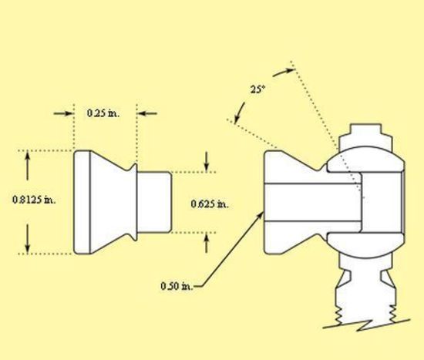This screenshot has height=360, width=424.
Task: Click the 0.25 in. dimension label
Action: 103,113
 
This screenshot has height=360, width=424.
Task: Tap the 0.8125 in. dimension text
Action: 34,200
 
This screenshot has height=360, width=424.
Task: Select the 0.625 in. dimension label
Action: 210,204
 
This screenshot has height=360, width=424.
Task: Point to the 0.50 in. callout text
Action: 177,286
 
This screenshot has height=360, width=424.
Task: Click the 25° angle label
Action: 257,89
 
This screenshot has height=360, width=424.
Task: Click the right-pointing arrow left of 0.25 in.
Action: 64,113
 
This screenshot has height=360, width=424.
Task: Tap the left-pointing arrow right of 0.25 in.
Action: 147,113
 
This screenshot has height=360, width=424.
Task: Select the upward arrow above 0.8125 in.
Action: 27,166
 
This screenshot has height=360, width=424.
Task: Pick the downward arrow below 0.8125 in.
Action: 27,239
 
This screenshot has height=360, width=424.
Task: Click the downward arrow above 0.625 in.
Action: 207,162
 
